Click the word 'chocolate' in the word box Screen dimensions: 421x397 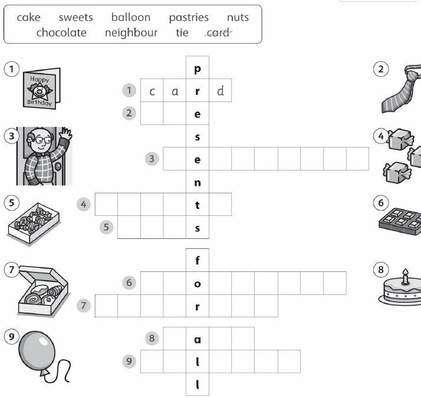tap(61, 33)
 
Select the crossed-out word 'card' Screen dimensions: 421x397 tap(218, 33)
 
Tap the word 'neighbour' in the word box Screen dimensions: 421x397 tap(131, 33)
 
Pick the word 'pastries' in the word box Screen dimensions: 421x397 tap(189, 18)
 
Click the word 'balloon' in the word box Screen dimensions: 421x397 tap(131, 17)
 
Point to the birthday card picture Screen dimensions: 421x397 tap(42, 88)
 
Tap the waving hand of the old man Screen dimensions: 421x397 tap(66, 133)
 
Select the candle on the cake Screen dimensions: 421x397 tap(406, 277)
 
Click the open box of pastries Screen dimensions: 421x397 tap(43, 291)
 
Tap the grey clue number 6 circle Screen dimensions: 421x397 tap(129, 283)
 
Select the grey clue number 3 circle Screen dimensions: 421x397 tap(152, 159)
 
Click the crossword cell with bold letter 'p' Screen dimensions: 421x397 tap(198, 67)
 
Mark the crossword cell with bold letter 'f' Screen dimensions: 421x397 tap(198, 260)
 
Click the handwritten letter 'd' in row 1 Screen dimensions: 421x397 tap(221, 91)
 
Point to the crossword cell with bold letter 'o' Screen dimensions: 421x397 tap(198, 283)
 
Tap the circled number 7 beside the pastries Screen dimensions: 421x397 tap(11, 270)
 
